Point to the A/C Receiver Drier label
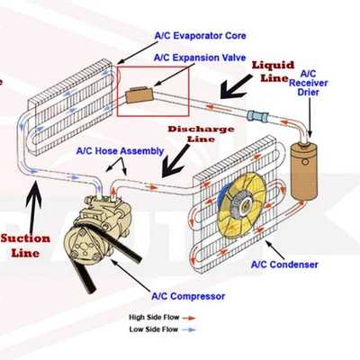[x=308, y=83]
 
